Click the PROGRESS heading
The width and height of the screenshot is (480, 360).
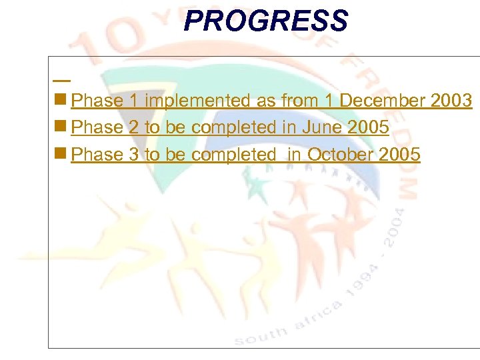265,21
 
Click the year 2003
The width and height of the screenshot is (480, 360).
452,101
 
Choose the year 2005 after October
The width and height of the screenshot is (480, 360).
399,155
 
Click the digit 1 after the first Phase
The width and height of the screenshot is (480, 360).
133,101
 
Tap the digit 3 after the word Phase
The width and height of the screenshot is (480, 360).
133,155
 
